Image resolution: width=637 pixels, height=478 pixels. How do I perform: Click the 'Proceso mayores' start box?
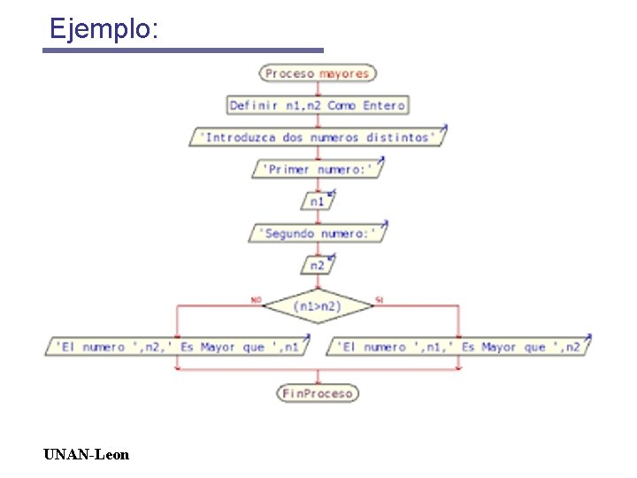[x=318, y=73]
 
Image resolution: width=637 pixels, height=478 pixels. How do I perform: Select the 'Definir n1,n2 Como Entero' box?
[x=318, y=105]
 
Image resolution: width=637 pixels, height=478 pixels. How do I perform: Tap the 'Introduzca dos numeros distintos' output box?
[x=318, y=137]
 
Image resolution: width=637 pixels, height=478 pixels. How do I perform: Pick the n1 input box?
[x=318, y=202]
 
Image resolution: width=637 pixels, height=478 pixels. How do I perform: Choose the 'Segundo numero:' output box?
[x=318, y=234]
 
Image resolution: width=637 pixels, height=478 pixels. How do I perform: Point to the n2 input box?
[x=318, y=265]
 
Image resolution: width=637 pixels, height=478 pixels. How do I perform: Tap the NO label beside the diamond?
[x=256, y=300]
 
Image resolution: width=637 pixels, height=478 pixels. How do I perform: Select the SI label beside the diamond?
[x=379, y=300]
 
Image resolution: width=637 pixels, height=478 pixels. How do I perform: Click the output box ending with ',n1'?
[x=177, y=347]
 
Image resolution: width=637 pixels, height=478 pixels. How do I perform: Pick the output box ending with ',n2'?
[x=459, y=347]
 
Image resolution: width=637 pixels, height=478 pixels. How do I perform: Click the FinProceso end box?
[x=318, y=393]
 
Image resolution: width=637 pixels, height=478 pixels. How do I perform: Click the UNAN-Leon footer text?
[x=86, y=455]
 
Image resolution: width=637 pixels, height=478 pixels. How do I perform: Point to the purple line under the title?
[x=183, y=50]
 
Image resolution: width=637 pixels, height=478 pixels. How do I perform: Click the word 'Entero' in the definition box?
[x=384, y=105]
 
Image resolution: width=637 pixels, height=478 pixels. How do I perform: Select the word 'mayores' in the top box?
[x=344, y=73]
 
